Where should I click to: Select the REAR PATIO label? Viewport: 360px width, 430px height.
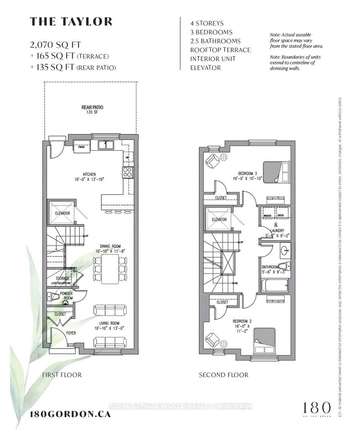coord(93,108)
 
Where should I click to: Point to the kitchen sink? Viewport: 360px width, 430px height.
coord(106,145)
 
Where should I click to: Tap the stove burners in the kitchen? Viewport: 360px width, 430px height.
coord(127,171)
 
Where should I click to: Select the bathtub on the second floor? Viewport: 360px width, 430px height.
coord(274,286)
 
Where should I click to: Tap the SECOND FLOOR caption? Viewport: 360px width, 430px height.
coord(224,375)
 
